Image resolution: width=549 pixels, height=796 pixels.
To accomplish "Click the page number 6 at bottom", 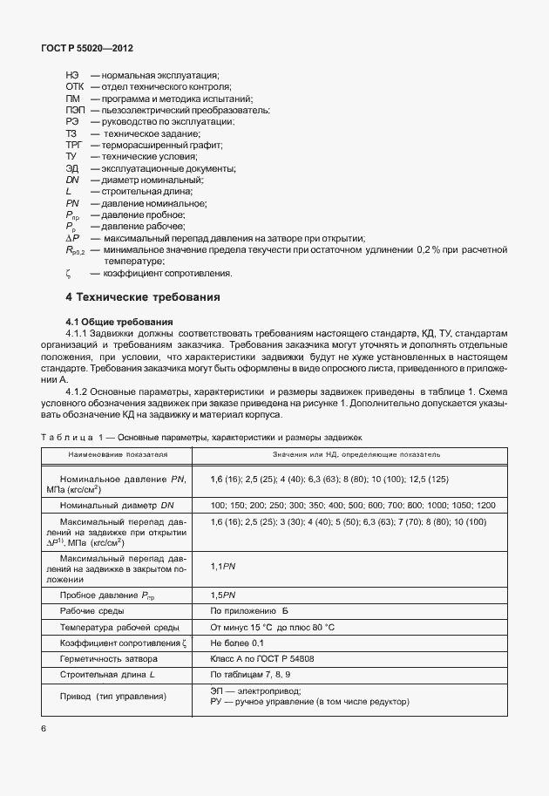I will point(44,727).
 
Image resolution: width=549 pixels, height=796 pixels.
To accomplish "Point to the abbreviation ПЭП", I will point(74,111).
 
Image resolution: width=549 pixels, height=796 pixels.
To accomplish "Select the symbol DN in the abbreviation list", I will point(72,180).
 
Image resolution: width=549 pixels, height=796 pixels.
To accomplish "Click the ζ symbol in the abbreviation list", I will point(67,273).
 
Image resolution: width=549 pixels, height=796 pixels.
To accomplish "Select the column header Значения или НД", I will point(358,455).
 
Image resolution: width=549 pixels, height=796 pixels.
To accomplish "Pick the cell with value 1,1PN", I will point(223,567).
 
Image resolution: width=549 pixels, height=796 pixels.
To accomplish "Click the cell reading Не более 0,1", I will point(239,643).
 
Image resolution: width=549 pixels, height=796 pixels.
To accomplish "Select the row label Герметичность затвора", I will point(110,659).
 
